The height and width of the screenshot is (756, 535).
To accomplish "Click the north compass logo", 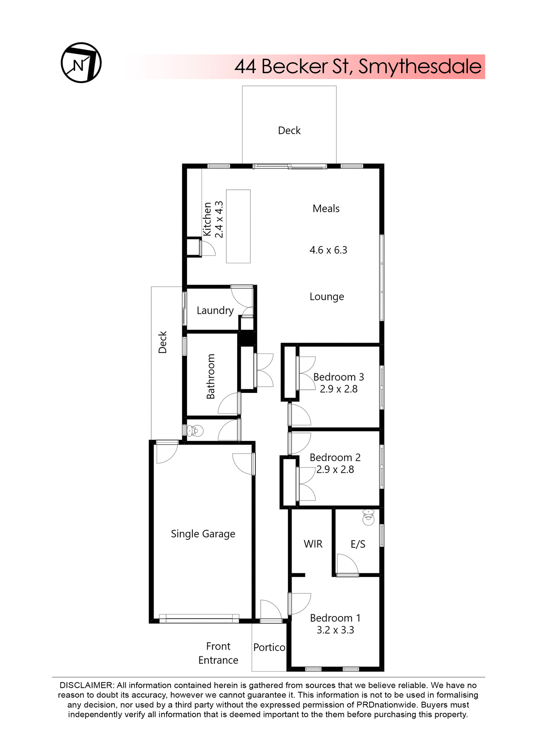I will click(81, 63).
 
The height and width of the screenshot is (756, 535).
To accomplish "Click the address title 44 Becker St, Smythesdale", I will click(357, 67).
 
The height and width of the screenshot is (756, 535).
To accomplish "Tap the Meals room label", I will click(326, 209).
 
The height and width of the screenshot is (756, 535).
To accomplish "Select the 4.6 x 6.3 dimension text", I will click(328, 250).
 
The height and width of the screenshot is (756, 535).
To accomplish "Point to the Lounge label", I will click(327, 296).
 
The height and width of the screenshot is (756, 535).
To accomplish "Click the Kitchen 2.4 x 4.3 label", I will click(213, 219).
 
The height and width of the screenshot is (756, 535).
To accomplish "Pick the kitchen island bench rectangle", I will click(238, 226).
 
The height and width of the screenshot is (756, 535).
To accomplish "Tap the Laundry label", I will click(215, 310).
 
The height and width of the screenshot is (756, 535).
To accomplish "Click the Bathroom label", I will click(211, 376).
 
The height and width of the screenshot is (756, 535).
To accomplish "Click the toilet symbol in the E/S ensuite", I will click(368, 517).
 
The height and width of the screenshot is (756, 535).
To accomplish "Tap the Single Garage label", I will click(203, 534).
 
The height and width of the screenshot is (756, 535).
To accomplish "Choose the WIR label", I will click(313, 544).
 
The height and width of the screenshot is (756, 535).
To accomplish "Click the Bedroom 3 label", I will click(338, 377).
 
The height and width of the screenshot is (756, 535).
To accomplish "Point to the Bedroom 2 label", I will click(335, 458).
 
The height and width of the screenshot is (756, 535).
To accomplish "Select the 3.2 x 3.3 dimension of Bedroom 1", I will click(335, 630).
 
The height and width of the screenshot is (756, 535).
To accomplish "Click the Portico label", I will click(269, 647).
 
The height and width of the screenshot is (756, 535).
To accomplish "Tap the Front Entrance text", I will click(218, 653).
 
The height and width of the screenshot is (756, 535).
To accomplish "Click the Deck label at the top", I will click(289, 130).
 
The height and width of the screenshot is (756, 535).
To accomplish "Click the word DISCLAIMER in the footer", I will click(86, 685).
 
